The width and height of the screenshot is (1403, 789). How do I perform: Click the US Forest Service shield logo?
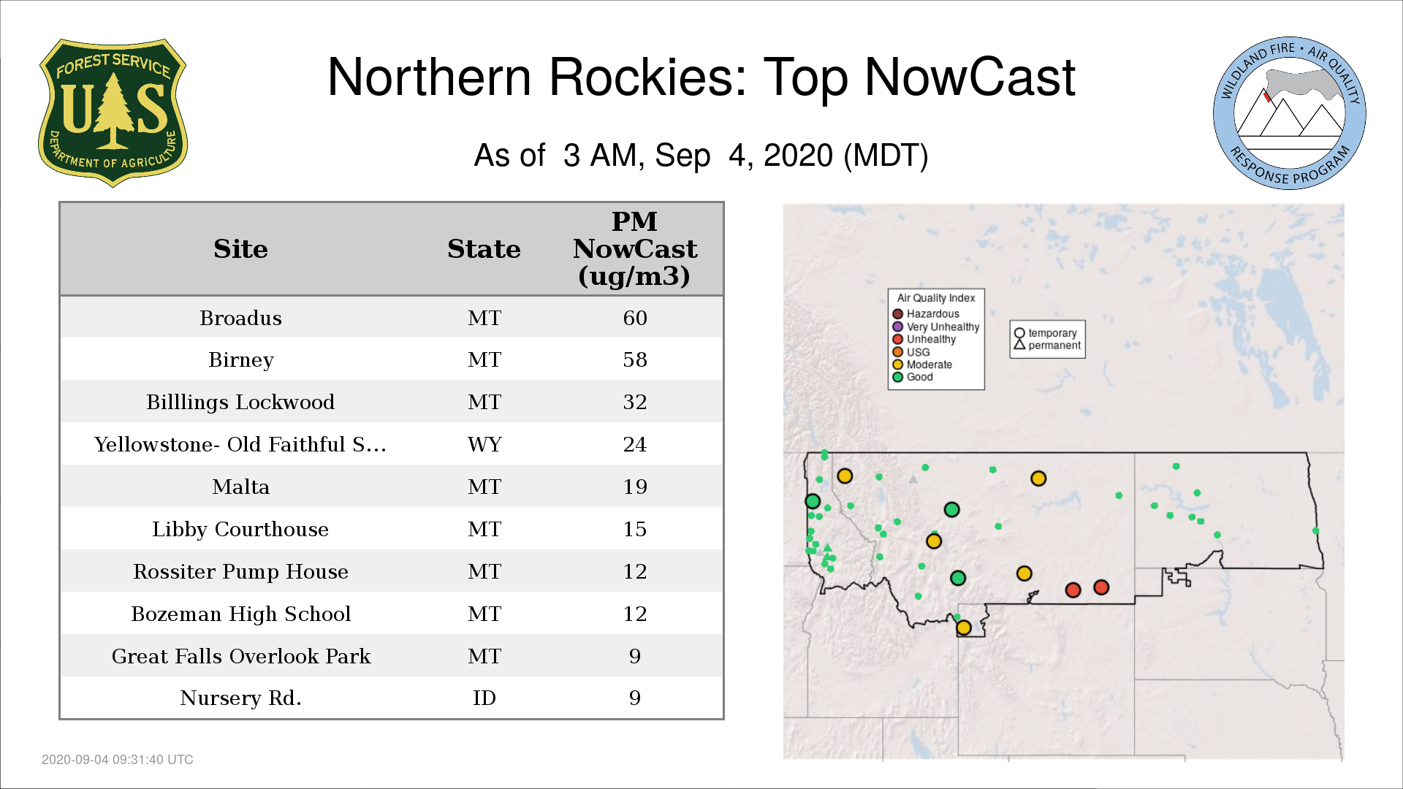point(113,113)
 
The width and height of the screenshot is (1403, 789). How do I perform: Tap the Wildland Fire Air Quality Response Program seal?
point(1290,113)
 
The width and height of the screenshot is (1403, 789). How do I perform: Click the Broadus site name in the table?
point(240,319)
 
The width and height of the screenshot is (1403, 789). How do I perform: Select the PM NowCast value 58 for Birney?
point(635,360)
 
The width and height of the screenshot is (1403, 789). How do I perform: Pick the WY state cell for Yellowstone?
point(484,445)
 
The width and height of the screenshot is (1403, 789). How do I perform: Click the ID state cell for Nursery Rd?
point(484,698)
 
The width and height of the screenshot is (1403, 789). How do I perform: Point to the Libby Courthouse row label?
point(240,530)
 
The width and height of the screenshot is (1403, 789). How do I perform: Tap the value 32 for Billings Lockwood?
point(635,403)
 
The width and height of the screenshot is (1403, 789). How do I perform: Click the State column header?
point(484,249)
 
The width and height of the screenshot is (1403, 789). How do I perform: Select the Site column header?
point(240,249)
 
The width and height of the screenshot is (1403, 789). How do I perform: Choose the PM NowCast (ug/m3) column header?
point(635,248)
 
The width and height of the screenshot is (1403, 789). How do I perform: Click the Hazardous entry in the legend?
point(926,314)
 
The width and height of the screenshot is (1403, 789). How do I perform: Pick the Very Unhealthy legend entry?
point(936,327)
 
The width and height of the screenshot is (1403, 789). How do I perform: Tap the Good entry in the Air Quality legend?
point(913,377)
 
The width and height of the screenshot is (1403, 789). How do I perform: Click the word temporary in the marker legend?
point(1052,333)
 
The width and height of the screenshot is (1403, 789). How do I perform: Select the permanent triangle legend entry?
point(1047,346)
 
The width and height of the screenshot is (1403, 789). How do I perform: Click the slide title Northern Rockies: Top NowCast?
point(701,77)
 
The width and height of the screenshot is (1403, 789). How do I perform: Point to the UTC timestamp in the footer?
point(118,760)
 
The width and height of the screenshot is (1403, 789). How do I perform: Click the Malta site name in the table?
point(240,487)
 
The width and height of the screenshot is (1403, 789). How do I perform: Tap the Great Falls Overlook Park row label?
point(240,657)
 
